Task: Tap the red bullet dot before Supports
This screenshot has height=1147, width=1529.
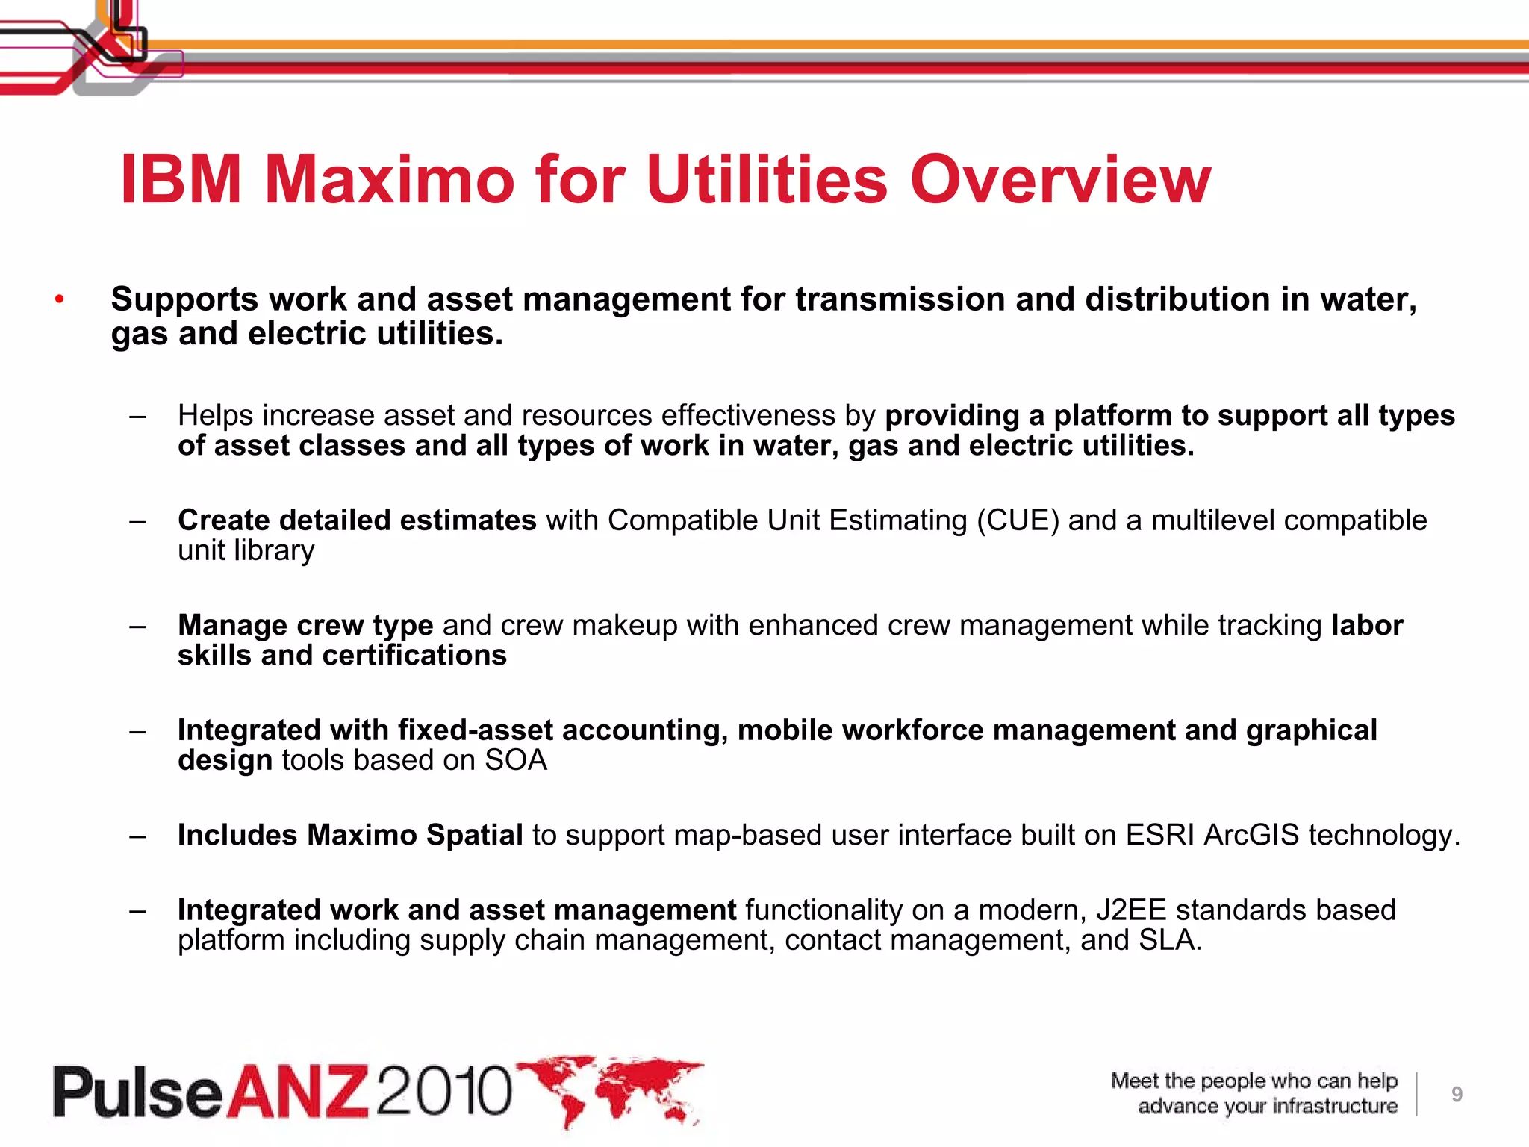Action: [60, 300]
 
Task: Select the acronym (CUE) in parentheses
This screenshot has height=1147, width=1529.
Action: [1018, 520]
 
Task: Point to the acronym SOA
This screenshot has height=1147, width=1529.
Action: [516, 760]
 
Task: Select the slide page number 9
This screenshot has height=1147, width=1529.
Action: [1457, 1095]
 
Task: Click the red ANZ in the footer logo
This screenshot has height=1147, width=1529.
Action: [298, 1092]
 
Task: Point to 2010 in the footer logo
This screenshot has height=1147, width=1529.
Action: [445, 1092]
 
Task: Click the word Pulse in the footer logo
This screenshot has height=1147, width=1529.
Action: [138, 1092]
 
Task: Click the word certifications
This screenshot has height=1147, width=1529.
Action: [414, 656]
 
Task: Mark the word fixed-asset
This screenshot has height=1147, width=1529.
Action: [476, 730]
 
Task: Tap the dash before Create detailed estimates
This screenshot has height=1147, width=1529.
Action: [137, 521]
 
